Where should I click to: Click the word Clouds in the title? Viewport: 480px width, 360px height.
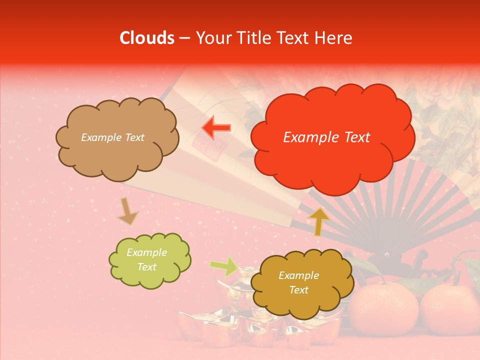147,38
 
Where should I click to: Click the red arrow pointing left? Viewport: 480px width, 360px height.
216,127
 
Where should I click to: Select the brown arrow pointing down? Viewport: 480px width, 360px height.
127,211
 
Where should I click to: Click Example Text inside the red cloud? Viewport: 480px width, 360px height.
326,137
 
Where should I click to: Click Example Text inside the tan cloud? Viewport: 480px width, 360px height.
112,137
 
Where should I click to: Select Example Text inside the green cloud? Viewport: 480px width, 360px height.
146,260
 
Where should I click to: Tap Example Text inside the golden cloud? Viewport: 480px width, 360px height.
298,282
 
